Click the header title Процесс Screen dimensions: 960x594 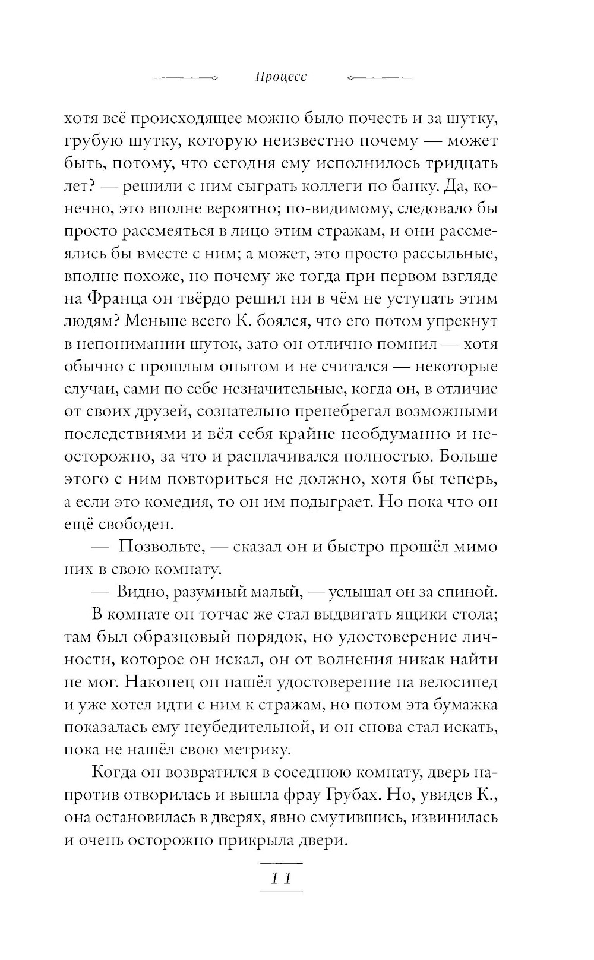coord(281,78)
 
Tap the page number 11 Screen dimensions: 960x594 coord(281,879)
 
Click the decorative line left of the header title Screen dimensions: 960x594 coord(186,78)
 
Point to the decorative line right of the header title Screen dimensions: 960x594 coord(378,78)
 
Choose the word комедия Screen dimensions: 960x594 coord(176,502)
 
